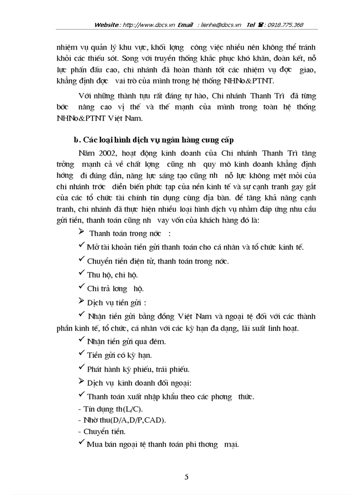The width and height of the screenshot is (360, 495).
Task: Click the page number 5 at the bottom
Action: pyautogui.click(x=186, y=476)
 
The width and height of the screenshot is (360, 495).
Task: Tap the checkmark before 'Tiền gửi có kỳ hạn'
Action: pyautogui.click(x=81, y=354)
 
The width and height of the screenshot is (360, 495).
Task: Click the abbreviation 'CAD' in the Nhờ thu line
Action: pyautogui.click(x=155, y=421)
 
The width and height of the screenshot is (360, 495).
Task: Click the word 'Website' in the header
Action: pyautogui.click(x=106, y=25)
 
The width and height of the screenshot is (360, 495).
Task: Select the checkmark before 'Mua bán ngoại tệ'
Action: pyautogui.click(x=81, y=443)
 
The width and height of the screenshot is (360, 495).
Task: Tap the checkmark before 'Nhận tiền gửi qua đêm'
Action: pyautogui.click(x=81, y=340)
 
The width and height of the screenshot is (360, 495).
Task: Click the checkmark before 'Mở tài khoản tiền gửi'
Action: pyautogui.click(x=81, y=246)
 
